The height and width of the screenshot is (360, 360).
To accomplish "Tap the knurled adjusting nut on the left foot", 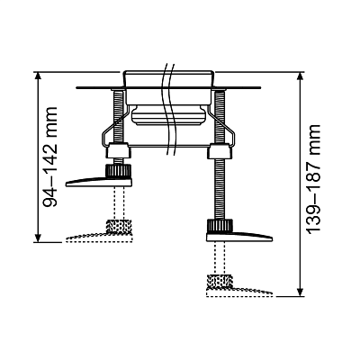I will (114, 169).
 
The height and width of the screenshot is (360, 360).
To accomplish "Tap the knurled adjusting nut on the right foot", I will (218, 225).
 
